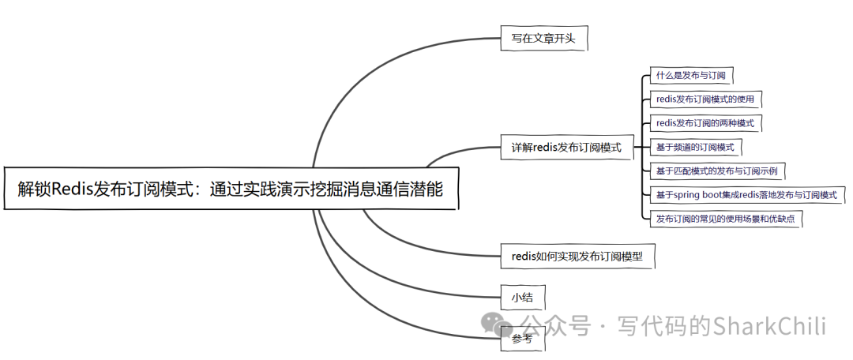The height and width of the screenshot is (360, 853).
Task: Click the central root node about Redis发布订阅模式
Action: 231,189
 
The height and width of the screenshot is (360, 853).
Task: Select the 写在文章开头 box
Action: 544,37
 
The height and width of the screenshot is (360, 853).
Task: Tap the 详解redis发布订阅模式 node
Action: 567,147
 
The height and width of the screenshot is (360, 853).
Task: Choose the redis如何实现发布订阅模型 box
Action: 577,256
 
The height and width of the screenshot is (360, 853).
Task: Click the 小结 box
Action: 522,297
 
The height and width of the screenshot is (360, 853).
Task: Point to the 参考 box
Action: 522,339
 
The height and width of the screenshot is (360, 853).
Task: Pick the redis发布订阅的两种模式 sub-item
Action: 705,123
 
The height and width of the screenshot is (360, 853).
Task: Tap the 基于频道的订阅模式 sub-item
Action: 695,147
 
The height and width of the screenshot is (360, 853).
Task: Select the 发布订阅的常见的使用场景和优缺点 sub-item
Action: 725,219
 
